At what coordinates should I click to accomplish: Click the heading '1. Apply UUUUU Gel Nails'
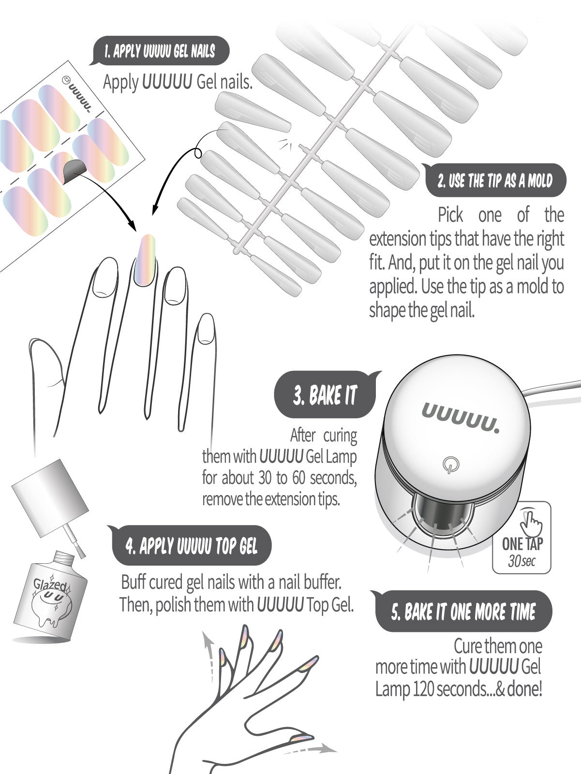click(160, 52)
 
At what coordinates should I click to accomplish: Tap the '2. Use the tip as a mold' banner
click(494, 181)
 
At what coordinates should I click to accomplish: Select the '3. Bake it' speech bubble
click(325, 395)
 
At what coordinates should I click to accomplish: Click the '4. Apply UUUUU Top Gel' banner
click(191, 546)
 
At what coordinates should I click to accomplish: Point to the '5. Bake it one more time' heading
click(463, 612)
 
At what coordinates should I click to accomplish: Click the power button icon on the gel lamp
click(450, 466)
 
